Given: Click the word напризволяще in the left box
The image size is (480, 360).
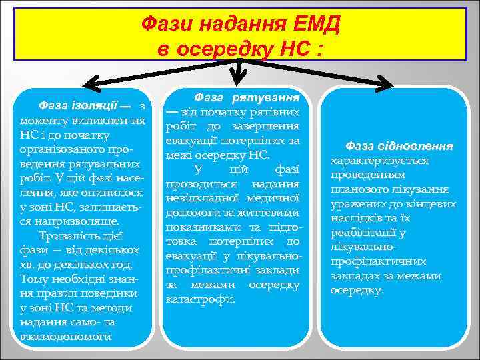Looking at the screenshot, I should [70, 221].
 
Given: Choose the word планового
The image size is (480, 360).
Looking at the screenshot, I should [362, 189].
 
